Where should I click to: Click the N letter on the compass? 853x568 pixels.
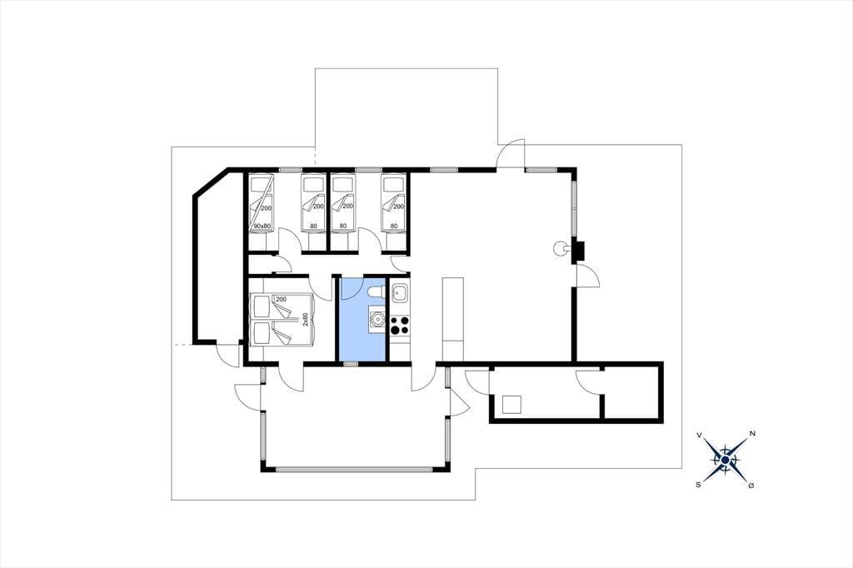(752, 434)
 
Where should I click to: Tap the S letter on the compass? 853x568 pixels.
(698, 484)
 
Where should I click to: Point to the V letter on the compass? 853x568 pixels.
(699, 436)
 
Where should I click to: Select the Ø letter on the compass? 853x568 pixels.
(751, 486)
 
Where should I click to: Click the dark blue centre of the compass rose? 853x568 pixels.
(726, 461)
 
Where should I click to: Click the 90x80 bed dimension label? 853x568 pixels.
(262, 226)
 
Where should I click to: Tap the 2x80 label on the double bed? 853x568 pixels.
(306, 319)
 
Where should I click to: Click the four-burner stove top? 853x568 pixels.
(399, 325)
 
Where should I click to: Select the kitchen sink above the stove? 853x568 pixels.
(400, 293)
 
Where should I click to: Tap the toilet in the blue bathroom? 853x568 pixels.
(376, 292)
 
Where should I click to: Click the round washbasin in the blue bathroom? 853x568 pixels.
(377, 319)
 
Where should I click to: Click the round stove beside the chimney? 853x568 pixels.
(559, 248)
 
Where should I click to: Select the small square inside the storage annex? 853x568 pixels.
(511, 405)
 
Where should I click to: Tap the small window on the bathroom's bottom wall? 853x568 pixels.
(351, 363)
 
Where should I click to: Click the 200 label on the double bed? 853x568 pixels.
(282, 300)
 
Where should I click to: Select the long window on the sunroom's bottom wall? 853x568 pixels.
(354, 469)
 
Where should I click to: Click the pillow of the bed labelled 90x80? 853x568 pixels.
(261, 184)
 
